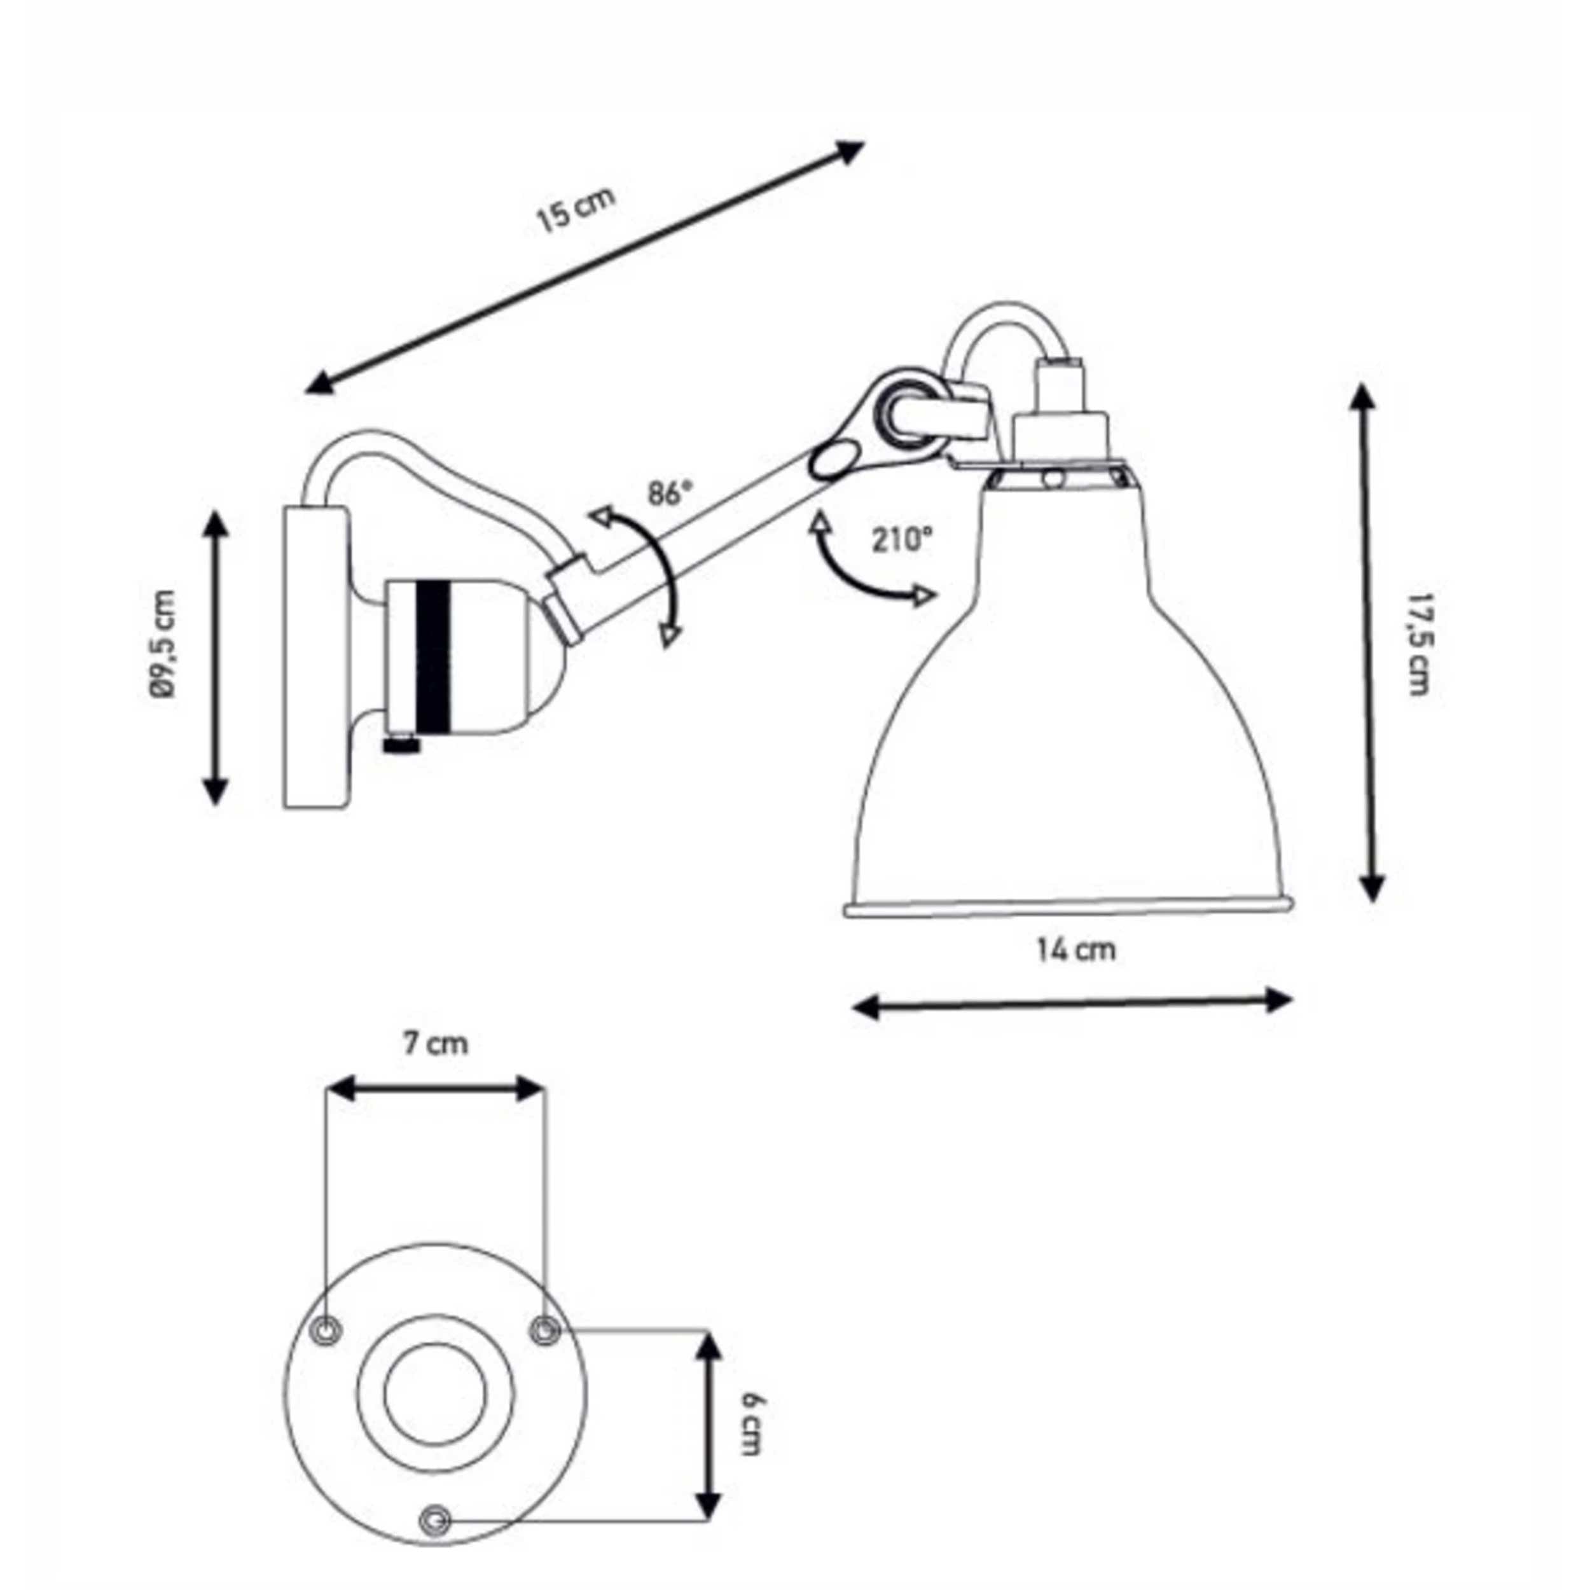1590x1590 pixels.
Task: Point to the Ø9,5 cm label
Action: (x=165, y=644)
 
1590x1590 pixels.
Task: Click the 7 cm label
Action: (x=436, y=1044)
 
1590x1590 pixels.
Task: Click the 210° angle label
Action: (x=903, y=540)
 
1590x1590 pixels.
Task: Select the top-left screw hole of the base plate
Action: (x=326, y=1330)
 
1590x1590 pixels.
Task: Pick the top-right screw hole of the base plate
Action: (x=544, y=1330)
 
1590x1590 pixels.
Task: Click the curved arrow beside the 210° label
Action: (x=860, y=568)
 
